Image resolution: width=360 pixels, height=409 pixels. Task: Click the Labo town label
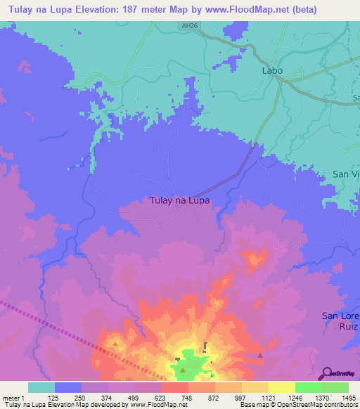(x=272, y=71)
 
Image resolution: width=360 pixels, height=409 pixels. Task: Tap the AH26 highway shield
(x=186, y=25)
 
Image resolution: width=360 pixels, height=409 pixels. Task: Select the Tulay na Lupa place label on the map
(x=180, y=200)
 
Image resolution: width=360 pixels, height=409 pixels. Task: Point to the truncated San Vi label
(x=346, y=174)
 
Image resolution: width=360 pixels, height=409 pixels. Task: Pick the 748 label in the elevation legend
(x=188, y=397)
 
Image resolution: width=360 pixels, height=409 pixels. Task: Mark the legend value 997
(x=242, y=397)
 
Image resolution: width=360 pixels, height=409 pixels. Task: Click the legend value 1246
(x=295, y=397)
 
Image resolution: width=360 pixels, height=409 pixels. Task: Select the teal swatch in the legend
(x=41, y=387)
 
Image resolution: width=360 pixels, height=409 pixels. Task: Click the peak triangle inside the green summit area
(x=183, y=370)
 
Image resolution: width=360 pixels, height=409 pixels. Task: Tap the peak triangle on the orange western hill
(x=115, y=344)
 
